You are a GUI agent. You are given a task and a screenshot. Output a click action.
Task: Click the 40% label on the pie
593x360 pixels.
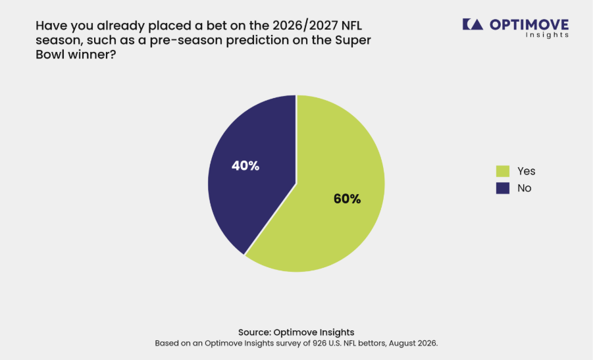tap(245, 166)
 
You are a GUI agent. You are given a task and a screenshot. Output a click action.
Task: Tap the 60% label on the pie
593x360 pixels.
tap(347, 199)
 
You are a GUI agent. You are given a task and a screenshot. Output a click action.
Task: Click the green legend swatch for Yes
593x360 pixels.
tap(503, 171)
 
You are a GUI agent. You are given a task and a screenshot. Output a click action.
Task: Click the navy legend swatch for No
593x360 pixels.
tap(503, 188)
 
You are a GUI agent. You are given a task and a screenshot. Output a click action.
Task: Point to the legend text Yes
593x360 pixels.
tap(526, 171)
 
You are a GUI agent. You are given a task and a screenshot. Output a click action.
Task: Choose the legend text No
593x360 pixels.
tap(524, 188)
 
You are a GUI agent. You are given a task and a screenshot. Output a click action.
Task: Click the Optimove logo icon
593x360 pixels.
tap(473, 24)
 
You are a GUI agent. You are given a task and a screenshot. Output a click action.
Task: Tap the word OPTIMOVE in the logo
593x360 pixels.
tap(529, 24)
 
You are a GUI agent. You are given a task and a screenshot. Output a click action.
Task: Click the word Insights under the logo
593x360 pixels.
tap(547, 35)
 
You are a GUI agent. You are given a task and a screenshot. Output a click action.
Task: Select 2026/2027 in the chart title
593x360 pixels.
tap(305, 26)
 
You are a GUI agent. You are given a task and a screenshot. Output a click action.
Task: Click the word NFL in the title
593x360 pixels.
tap(351, 26)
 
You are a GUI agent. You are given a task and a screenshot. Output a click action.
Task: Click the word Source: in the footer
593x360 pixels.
tap(255, 332)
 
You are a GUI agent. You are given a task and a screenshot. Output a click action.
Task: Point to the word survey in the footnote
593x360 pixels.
tap(290, 344)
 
